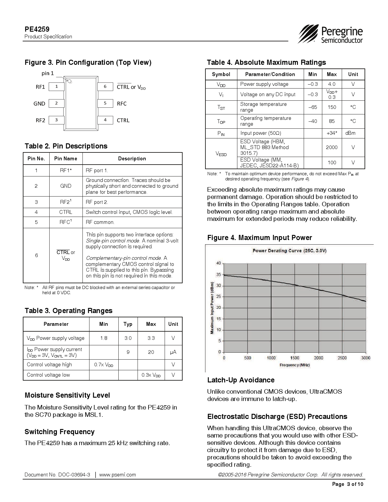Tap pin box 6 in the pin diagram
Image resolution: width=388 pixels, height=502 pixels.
(x=105, y=87)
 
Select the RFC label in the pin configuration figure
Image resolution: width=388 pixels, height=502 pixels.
(x=122, y=104)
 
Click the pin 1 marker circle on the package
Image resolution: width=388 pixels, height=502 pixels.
(x=69, y=81)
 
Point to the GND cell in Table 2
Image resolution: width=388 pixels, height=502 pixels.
(x=66, y=186)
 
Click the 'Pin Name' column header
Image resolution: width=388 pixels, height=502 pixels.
(x=66, y=159)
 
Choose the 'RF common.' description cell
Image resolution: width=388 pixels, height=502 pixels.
(x=100, y=222)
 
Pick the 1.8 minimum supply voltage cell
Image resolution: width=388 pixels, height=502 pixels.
(x=104, y=338)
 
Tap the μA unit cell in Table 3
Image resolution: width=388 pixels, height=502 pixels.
(x=173, y=352)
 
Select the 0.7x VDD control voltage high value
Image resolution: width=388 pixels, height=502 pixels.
(x=104, y=365)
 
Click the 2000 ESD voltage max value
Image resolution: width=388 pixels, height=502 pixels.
(x=332, y=147)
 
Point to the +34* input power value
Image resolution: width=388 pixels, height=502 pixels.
(x=332, y=133)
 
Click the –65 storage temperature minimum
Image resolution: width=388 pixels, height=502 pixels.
(x=313, y=107)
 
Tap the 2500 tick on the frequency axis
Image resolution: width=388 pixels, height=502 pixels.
(x=342, y=358)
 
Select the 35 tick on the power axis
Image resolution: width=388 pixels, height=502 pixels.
(x=218, y=274)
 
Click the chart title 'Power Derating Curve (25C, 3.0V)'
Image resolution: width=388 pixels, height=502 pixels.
(x=289, y=251)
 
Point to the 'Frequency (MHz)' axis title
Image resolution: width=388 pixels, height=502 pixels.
(x=295, y=365)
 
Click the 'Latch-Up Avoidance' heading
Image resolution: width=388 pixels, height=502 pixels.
(x=241, y=380)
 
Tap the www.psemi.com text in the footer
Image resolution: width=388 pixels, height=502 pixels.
(x=117, y=475)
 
